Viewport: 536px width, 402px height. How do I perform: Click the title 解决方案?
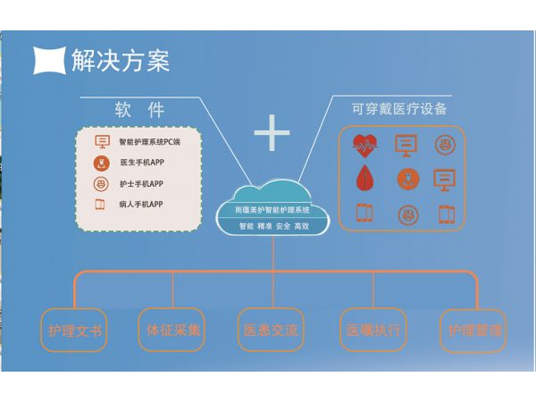pyautogui.click(x=121, y=60)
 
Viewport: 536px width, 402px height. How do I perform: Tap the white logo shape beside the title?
pyautogui.click(x=50, y=60)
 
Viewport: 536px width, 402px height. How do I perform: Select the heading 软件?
pyautogui.click(x=139, y=111)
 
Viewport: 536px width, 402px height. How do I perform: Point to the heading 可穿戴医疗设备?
pyautogui.click(x=399, y=109)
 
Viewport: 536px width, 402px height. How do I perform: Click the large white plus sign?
pyautogui.click(x=272, y=133)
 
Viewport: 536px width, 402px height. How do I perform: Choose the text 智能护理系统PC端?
pyautogui.click(x=149, y=142)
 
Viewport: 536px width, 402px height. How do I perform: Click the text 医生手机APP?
pyautogui.click(x=141, y=163)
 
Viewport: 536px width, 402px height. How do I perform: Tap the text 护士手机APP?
pyautogui.click(x=141, y=184)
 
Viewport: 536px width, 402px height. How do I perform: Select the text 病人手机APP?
pyautogui.click(x=141, y=205)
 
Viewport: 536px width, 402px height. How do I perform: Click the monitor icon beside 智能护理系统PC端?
pyautogui.click(x=102, y=141)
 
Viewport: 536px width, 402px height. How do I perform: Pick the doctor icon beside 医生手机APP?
pyautogui.click(x=101, y=163)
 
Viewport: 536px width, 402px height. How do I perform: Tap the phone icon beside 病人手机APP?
pyautogui.click(x=101, y=205)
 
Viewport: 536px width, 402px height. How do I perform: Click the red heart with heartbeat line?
pyautogui.click(x=364, y=144)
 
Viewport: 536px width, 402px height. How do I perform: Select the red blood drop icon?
pyautogui.click(x=364, y=179)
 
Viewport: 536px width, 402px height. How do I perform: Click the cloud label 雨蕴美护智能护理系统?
pyautogui.click(x=272, y=209)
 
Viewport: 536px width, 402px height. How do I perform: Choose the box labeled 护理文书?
pyautogui.click(x=73, y=331)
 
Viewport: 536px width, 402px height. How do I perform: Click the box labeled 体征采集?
pyautogui.click(x=172, y=331)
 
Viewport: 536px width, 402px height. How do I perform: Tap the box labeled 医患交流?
pyautogui.click(x=271, y=331)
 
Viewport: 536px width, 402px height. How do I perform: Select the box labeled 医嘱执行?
pyautogui.click(x=373, y=331)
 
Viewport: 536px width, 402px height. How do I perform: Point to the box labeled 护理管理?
pyautogui.click(x=472, y=331)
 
